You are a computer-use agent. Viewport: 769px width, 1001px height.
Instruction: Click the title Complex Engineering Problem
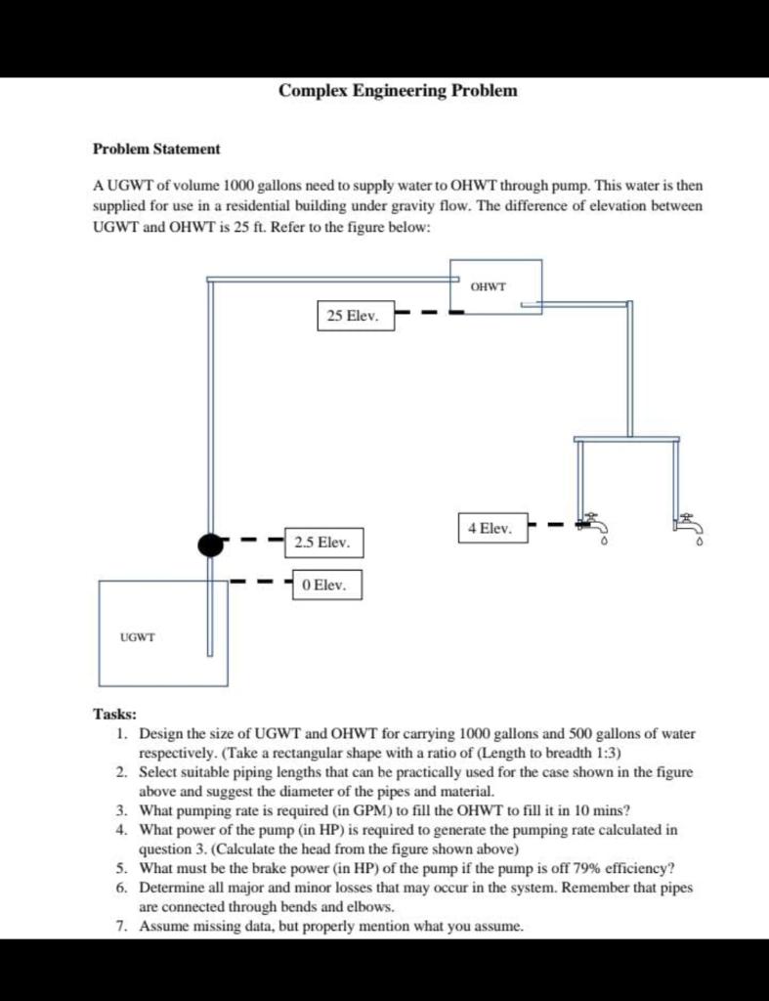point(398,91)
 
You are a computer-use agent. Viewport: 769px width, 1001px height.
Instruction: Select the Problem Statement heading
point(155,149)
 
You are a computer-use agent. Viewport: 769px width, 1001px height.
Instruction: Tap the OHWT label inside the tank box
point(488,286)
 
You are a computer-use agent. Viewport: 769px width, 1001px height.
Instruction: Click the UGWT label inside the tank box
point(138,636)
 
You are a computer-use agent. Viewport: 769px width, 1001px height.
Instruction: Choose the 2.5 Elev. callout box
point(321,542)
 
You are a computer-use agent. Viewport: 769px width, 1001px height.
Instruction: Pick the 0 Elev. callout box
point(327,585)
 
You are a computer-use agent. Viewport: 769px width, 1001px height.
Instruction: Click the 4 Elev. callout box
point(491,527)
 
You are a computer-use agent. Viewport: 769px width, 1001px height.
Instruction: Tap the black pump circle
point(211,544)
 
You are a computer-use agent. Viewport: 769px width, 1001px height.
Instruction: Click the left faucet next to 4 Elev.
point(591,525)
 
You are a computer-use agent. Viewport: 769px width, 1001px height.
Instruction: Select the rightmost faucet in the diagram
point(687,525)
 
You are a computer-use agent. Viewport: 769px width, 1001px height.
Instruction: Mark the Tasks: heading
point(114,715)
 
